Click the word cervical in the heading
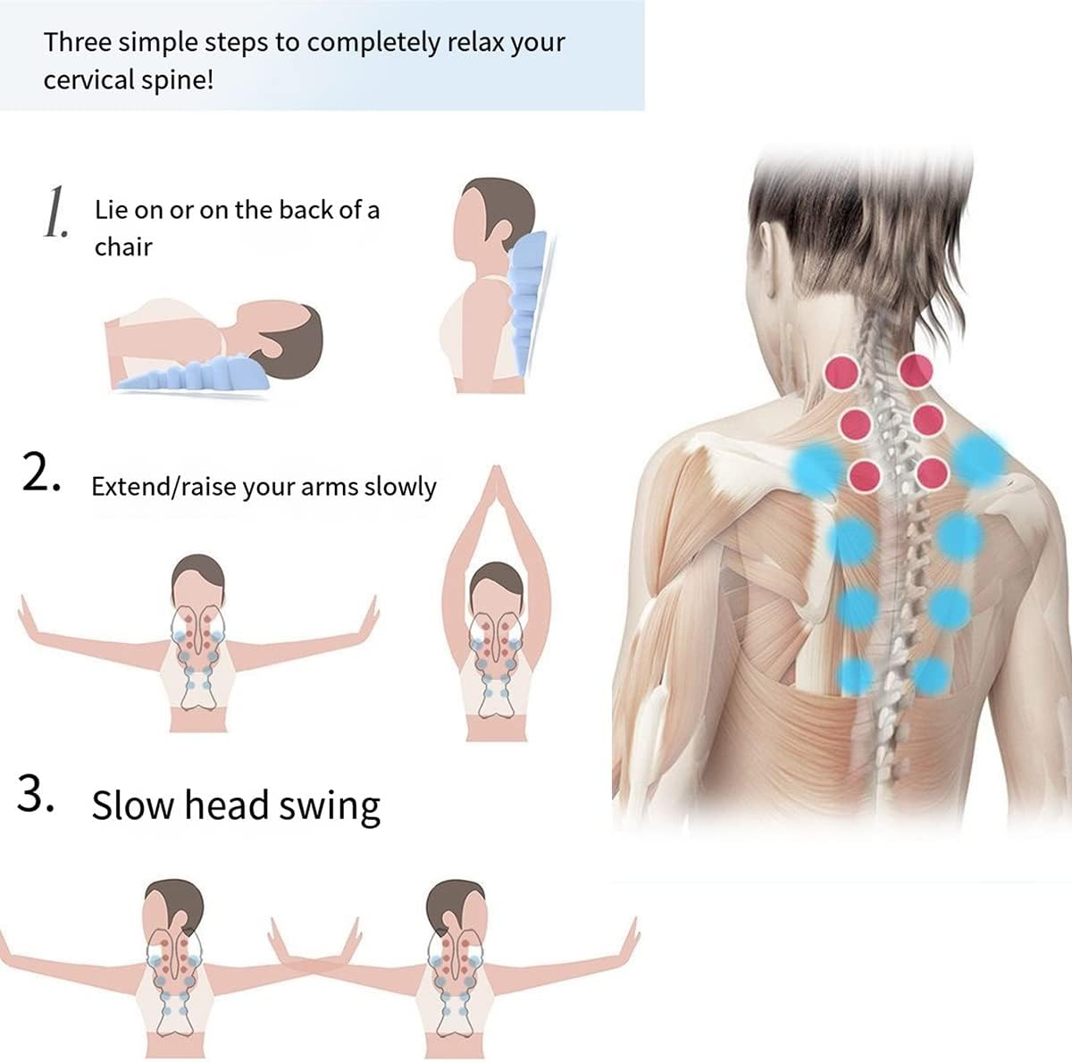pos(96,79)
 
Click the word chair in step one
pos(123,247)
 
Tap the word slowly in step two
pos(400,487)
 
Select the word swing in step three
pos(329,807)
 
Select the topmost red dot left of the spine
pos(842,371)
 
